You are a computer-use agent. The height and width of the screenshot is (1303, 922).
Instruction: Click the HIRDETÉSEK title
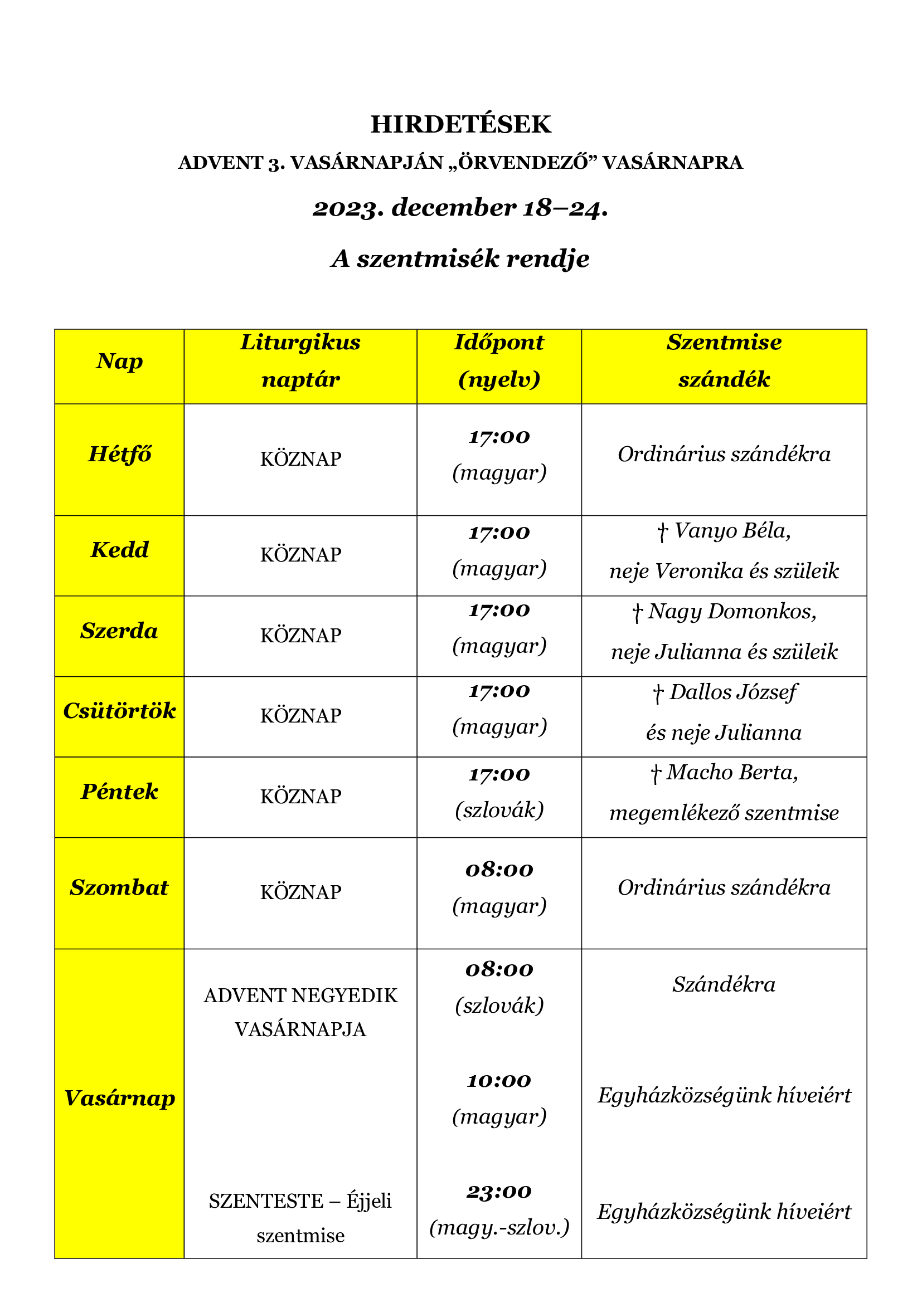[460, 124]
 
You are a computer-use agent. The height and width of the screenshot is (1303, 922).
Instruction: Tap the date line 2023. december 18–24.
[460, 208]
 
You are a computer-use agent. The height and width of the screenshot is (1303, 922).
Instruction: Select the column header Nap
[119, 361]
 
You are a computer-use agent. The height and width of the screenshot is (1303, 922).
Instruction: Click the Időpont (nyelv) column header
[499, 361]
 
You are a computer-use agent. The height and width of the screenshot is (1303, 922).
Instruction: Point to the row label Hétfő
[119, 454]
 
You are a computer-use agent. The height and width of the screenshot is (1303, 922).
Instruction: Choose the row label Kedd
[119, 549]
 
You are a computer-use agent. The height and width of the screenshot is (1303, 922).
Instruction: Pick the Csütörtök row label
[119, 710]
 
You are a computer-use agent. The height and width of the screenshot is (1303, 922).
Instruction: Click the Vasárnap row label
[119, 1097]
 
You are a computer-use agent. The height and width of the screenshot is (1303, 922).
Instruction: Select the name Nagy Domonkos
[732, 611]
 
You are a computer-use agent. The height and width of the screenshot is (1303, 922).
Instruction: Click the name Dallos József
[732, 692]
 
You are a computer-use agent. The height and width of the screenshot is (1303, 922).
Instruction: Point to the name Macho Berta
[732, 772]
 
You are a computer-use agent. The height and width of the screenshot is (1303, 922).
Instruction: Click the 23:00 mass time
[499, 1191]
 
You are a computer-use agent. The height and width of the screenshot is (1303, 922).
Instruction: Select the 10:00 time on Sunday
[499, 1081]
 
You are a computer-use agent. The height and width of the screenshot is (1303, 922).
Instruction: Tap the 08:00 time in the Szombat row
[499, 870]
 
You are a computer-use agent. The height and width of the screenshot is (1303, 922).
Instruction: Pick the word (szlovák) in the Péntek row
[499, 810]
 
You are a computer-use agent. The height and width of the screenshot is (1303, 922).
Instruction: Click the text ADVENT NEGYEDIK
[300, 995]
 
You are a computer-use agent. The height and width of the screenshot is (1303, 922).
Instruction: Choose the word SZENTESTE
[266, 1201]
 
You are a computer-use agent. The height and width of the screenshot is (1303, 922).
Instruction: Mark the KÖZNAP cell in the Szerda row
[300, 636]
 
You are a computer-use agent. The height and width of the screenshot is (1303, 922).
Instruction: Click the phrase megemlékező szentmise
[724, 813]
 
